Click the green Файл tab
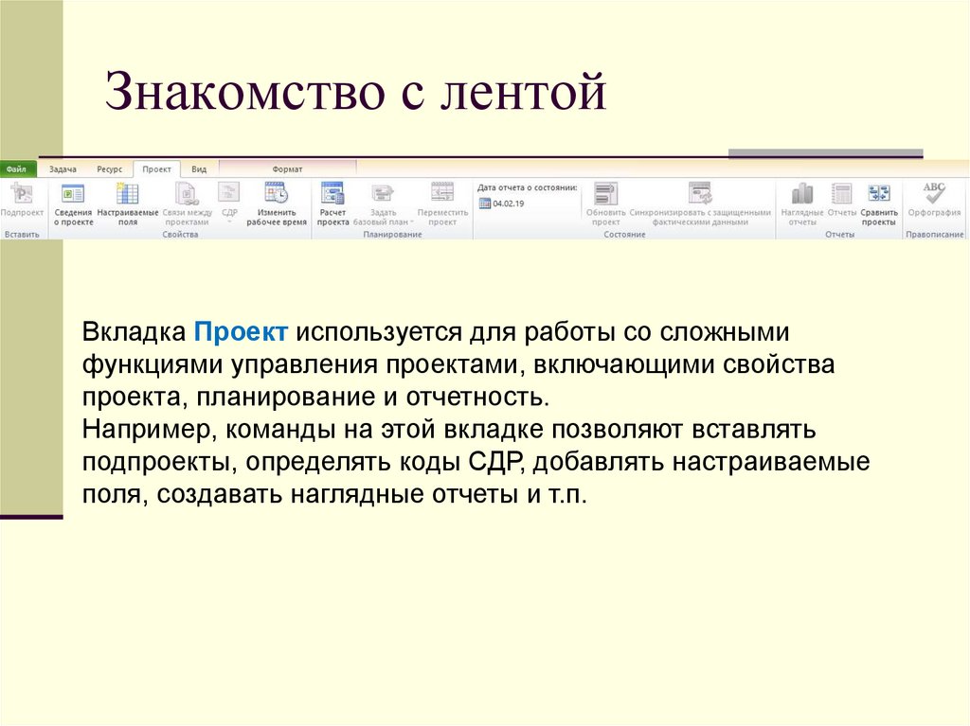(x=17, y=169)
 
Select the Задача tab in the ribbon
(x=63, y=169)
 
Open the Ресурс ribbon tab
(x=109, y=169)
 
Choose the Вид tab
(x=199, y=169)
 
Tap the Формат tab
(x=287, y=169)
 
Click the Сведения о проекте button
(x=73, y=204)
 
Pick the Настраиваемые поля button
(x=128, y=204)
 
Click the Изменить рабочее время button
(x=277, y=204)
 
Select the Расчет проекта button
(x=332, y=204)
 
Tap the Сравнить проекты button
(x=879, y=204)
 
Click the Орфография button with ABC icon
(x=934, y=200)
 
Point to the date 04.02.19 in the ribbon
(x=508, y=204)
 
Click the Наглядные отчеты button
(x=801, y=204)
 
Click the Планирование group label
(x=392, y=235)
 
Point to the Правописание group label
(x=934, y=235)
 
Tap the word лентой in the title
(x=530, y=95)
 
